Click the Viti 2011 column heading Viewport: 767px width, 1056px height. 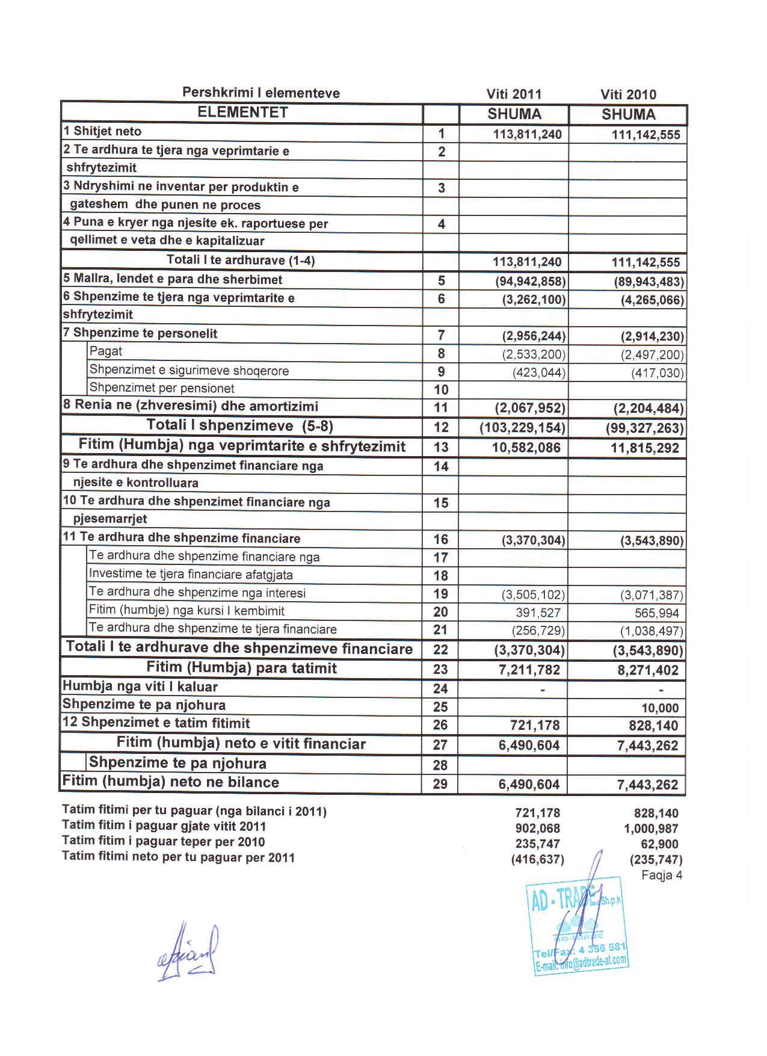[x=514, y=94]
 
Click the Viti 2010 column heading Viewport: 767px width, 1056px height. [x=628, y=94]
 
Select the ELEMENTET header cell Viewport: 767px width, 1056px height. [x=242, y=113]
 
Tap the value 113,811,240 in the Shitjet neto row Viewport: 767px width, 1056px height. [x=527, y=134]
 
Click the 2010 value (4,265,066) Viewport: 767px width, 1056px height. [x=651, y=300]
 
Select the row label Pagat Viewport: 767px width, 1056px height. [x=106, y=351]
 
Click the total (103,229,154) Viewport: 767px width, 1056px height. [x=522, y=428]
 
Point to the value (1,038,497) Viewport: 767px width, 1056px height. [x=651, y=631]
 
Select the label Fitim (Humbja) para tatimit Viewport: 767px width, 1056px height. [x=241, y=668]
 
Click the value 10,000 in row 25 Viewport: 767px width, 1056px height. [x=660, y=708]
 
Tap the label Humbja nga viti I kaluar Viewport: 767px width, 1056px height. [x=140, y=687]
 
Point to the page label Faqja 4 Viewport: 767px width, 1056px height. [x=662, y=875]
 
